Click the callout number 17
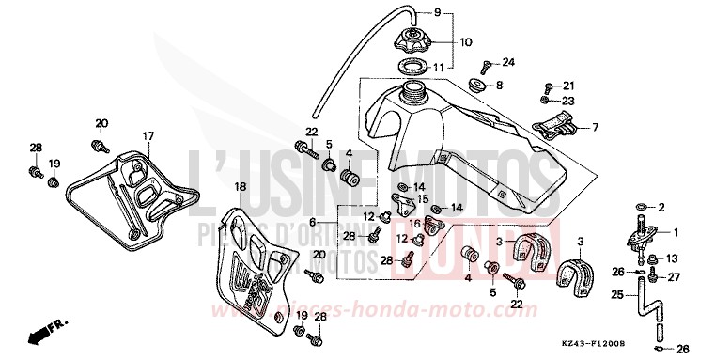148,137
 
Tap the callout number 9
463,12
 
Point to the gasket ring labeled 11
412,66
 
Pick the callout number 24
508,63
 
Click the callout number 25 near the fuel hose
616,296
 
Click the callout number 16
414,223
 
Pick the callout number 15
423,198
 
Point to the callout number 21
568,86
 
